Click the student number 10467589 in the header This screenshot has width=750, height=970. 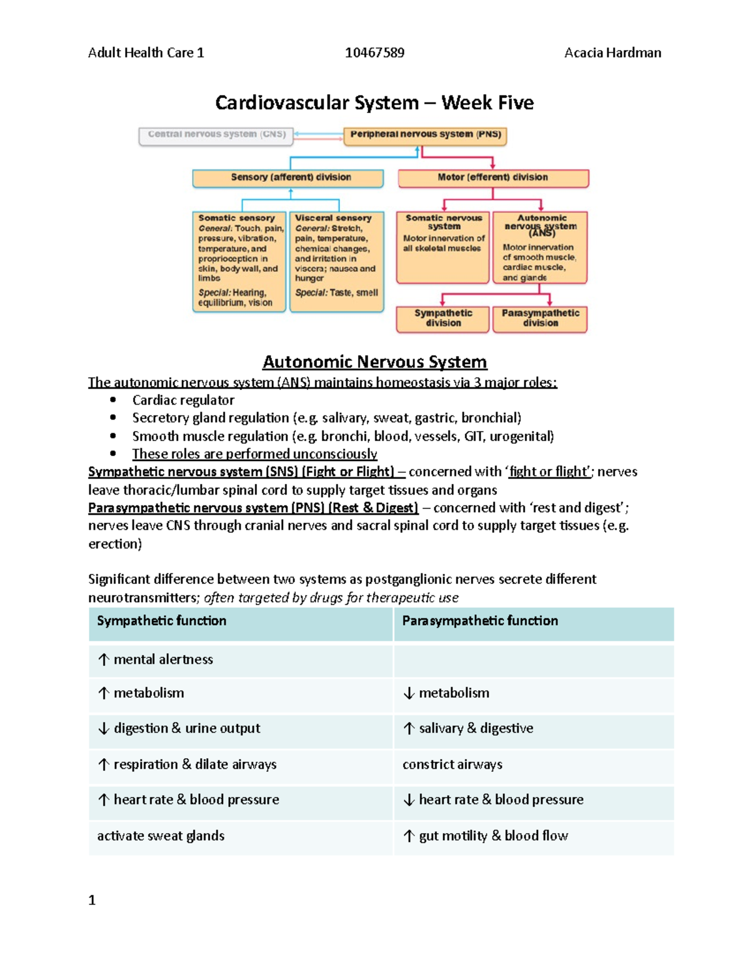tap(374, 53)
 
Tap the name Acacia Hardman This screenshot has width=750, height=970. tap(612, 53)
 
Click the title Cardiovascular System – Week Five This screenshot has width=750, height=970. tap(374, 102)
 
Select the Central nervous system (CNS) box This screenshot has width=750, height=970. tap(216, 135)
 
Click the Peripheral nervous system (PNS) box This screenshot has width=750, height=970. tap(425, 135)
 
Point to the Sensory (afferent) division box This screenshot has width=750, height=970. tap(288, 178)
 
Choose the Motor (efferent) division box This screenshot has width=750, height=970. tap(493, 178)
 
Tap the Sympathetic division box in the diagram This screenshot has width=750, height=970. tap(443, 319)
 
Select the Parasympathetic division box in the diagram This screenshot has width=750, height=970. tap(540, 319)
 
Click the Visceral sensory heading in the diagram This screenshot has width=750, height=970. tap(333, 218)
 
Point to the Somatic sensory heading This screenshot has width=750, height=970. tap(236, 218)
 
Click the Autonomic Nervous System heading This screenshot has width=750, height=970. tap(374, 362)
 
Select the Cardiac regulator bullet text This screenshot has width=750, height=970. tap(183, 400)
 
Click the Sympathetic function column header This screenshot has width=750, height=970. tap(162, 621)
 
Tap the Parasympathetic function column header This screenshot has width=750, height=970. tap(480, 621)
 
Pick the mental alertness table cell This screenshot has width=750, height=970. tap(162, 660)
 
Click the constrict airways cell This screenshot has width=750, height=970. tap(452, 765)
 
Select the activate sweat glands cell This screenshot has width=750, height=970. tap(161, 836)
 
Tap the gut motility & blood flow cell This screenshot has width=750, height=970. tap(493, 836)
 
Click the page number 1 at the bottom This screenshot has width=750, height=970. tap(92, 900)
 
